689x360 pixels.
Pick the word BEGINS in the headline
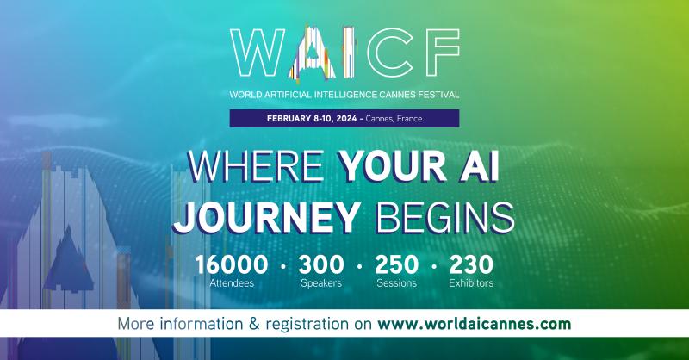447,216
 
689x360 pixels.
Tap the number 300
321,264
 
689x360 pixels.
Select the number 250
397,264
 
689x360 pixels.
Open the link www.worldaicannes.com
475,324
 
